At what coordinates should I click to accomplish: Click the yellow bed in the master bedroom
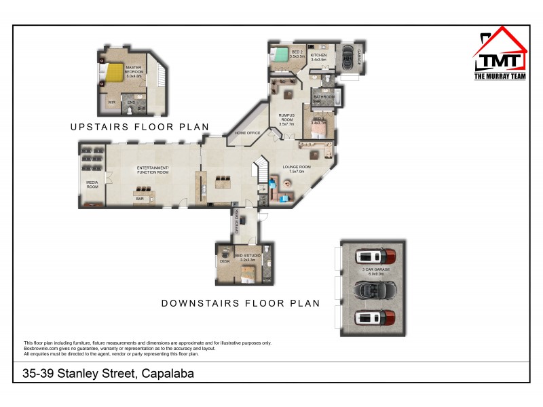pyautogui.click(x=113, y=73)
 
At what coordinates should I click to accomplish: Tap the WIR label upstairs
pyautogui.click(x=111, y=102)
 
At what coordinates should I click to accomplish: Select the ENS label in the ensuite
pyautogui.click(x=131, y=102)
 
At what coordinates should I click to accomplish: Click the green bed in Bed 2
pyautogui.click(x=279, y=56)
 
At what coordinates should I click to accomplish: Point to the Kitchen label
pyautogui.click(x=318, y=58)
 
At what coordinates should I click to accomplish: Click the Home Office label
pyautogui.click(x=248, y=133)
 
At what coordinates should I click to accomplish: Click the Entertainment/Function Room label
pyautogui.click(x=152, y=170)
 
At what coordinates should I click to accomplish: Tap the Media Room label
pyautogui.click(x=92, y=185)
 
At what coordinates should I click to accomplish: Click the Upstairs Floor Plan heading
pyautogui.click(x=139, y=127)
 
